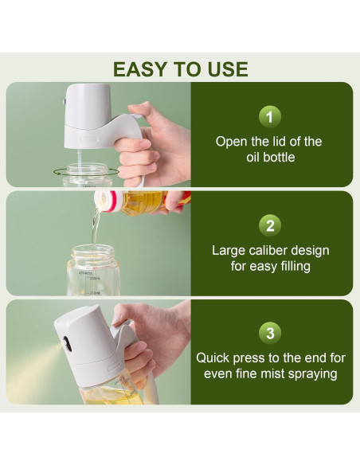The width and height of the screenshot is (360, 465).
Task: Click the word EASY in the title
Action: tap(140, 68)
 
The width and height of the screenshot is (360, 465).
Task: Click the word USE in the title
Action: tap(225, 68)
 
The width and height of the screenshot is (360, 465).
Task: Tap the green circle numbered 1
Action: tap(270, 117)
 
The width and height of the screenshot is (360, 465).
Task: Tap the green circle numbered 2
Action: tap(270, 225)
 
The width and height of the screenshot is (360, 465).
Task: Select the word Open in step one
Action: tap(232, 142)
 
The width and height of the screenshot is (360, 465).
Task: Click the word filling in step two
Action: tap(289, 266)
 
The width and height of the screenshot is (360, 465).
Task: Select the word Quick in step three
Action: tap(214, 358)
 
